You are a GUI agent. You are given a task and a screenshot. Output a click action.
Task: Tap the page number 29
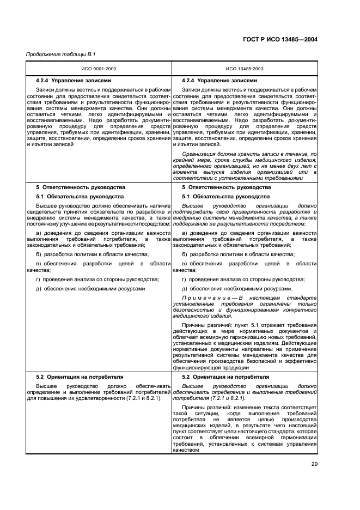[x=314, y=464]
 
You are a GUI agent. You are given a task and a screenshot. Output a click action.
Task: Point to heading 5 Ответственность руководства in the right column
[x=226, y=187]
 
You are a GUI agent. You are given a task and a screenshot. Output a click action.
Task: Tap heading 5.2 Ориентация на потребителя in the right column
[x=225, y=377]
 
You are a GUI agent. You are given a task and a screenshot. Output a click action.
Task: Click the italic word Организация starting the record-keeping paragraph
[x=201, y=155]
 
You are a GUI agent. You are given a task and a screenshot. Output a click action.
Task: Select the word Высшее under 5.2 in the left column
[x=48, y=386]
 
